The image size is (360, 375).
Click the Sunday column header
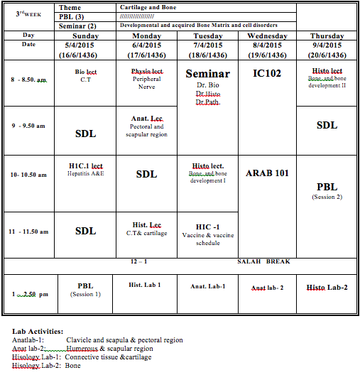point(85,36)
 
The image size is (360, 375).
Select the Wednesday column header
point(267,36)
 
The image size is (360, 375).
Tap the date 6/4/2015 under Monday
point(147,45)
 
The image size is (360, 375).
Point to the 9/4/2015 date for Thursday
point(327,45)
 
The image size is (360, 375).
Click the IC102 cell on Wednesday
point(267,72)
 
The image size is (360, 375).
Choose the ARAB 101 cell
point(267,173)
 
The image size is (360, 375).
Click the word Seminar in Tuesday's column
point(207,74)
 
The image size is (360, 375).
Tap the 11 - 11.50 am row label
point(28,232)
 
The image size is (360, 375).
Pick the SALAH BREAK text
point(263,261)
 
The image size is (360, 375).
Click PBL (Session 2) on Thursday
point(327,191)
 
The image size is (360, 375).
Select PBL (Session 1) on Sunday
point(85,290)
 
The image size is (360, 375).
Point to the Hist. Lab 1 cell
point(145,285)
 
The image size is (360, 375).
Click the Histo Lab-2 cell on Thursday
point(327,288)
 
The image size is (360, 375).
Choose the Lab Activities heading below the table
point(38,331)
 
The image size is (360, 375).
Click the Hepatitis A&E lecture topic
point(85,173)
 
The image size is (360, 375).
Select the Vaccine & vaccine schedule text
point(207,239)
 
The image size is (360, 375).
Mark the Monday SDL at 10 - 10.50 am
point(146,174)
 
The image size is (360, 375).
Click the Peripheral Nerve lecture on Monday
point(146,82)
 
